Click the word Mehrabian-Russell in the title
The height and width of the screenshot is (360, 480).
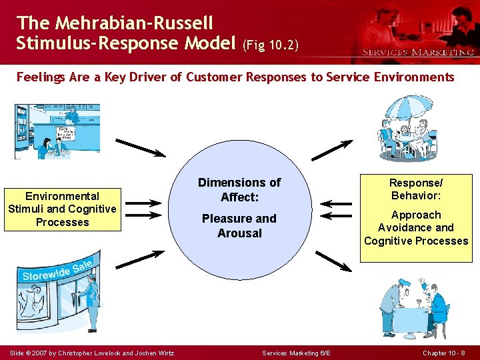pyautogui.click(x=134, y=23)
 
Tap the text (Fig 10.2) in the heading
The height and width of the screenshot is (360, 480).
pyautogui.click(x=271, y=45)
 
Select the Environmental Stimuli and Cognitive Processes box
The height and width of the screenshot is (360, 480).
pyautogui.click(x=63, y=209)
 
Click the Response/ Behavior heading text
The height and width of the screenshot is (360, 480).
pyautogui.click(x=416, y=189)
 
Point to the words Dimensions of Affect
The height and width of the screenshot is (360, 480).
pyautogui.click(x=239, y=190)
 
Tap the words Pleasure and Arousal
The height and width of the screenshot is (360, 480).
pyautogui.click(x=239, y=225)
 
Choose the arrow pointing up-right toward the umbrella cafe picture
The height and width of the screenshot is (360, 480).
pyautogui.click(x=333, y=150)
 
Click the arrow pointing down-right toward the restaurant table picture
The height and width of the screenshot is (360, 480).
pyautogui.click(x=333, y=261)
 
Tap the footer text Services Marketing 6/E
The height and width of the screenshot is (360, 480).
pyautogui.click(x=296, y=353)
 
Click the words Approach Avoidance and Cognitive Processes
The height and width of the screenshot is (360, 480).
pyautogui.click(x=416, y=228)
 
